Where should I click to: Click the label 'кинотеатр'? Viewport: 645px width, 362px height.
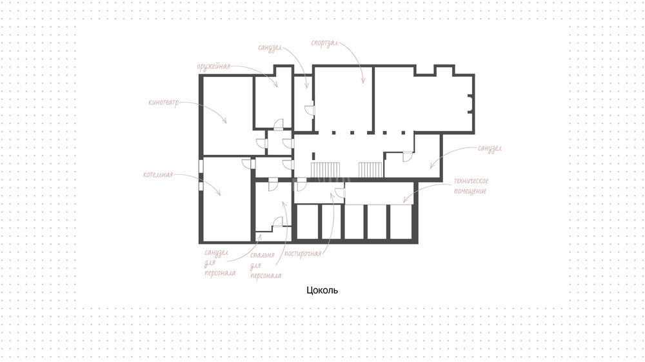pyautogui.click(x=164, y=102)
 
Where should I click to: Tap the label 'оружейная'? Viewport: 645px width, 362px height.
pyautogui.click(x=213, y=66)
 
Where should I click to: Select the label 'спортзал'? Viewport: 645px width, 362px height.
pyautogui.click(x=324, y=43)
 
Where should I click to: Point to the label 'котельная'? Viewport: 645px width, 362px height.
pyautogui.click(x=158, y=174)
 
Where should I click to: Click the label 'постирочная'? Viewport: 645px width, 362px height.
pyautogui.click(x=303, y=254)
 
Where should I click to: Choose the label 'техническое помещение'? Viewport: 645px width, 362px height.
pyautogui.click(x=471, y=186)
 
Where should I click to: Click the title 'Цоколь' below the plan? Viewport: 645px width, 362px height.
pyautogui.click(x=322, y=290)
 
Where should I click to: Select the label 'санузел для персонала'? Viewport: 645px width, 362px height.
pyautogui.click(x=220, y=263)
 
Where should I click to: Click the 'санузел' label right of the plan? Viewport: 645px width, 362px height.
pyautogui.click(x=490, y=148)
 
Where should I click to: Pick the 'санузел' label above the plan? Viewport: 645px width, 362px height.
pyautogui.click(x=270, y=48)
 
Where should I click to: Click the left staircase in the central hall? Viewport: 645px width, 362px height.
pyautogui.click(x=325, y=170)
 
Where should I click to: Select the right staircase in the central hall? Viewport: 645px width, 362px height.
pyautogui.click(x=370, y=170)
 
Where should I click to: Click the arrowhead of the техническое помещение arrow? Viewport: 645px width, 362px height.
pyautogui.click(x=405, y=200)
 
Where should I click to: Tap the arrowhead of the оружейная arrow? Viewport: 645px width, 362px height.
pyautogui.click(x=276, y=85)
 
